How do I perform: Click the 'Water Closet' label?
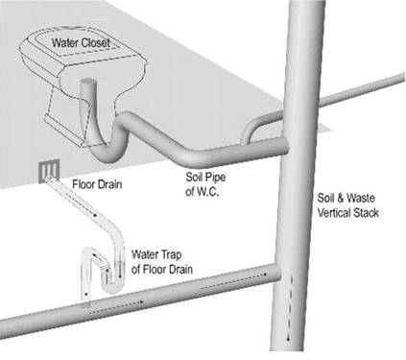(x=81, y=42)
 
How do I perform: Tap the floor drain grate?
(x=49, y=172)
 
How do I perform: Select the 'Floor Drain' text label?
(x=97, y=184)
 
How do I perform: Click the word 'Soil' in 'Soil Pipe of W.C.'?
(x=194, y=177)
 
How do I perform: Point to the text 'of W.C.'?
(x=202, y=192)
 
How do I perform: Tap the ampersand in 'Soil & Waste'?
(x=340, y=198)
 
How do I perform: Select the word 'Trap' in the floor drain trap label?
(x=170, y=254)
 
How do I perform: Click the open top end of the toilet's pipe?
(x=87, y=83)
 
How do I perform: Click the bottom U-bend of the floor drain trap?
(x=112, y=287)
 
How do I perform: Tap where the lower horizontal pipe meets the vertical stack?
(x=277, y=273)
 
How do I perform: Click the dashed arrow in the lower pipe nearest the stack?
(x=234, y=281)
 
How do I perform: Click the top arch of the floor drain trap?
(x=88, y=252)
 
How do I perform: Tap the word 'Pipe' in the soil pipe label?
(x=215, y=177)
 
